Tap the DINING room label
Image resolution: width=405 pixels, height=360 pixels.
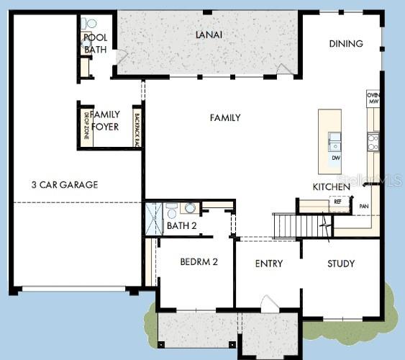[346, 43]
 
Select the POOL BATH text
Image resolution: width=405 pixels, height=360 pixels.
[95, 43]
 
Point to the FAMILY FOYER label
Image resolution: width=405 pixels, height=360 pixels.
[106, 120]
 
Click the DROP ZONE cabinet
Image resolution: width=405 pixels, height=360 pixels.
[85, 125]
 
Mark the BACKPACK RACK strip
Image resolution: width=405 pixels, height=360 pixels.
[136, 128]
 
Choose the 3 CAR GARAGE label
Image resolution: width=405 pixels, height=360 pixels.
[64, 184]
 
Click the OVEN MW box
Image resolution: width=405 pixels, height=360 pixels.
[373, 99]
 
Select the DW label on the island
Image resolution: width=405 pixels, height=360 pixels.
[335, 157]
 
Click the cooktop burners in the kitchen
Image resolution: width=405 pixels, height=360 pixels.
[373, 143]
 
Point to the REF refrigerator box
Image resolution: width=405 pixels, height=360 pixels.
[338, 202]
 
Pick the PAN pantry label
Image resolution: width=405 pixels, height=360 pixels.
[364, 206]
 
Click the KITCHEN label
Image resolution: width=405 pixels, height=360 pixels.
[331, 186]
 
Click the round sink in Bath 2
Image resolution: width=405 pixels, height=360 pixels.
[190, 208]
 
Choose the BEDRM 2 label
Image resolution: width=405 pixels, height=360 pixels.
[199, 262]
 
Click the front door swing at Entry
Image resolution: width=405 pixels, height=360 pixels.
[268, 303]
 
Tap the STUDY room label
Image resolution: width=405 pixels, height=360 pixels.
[341, 264]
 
